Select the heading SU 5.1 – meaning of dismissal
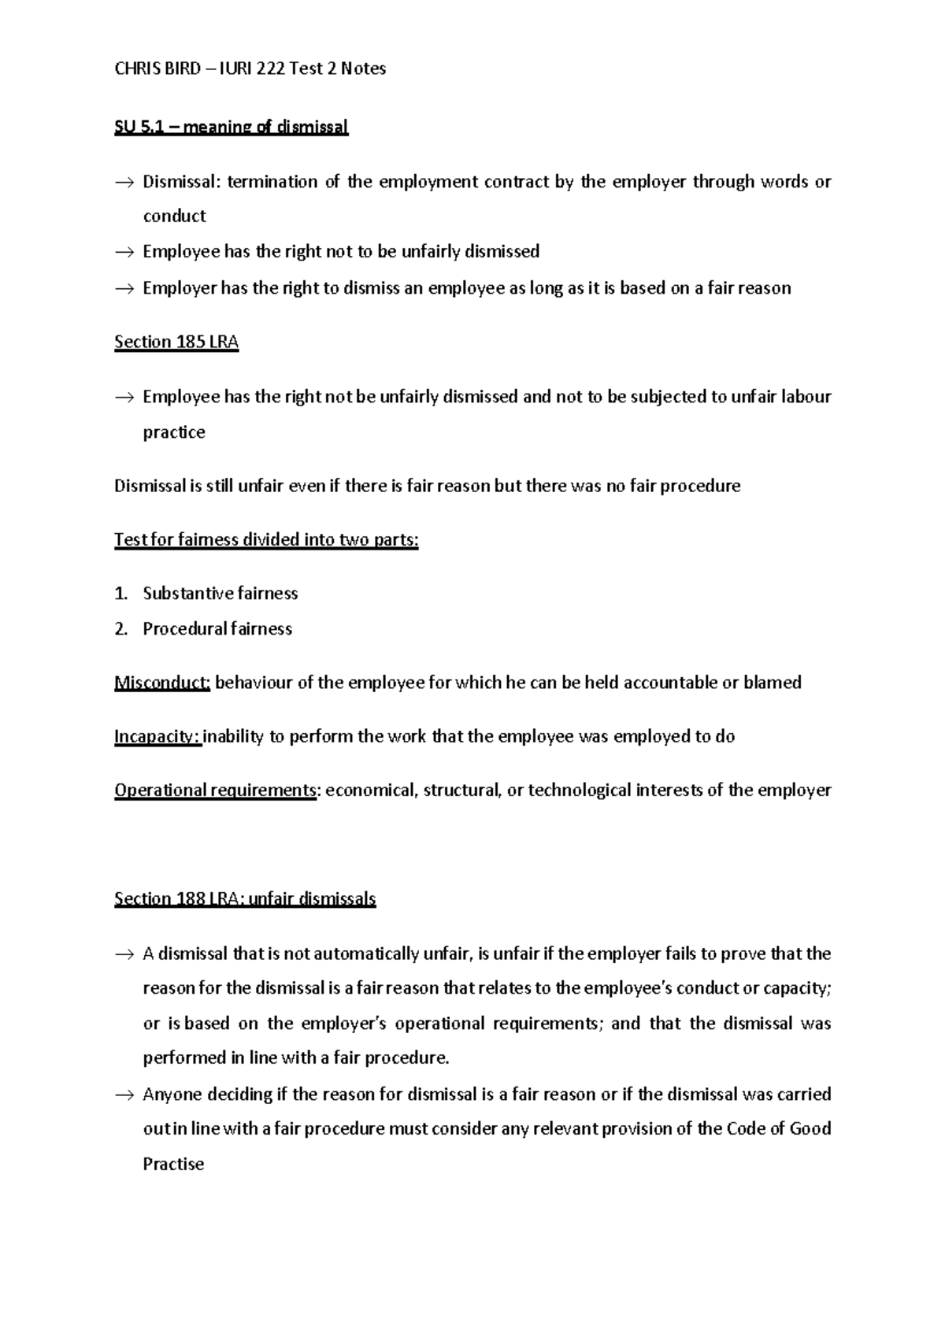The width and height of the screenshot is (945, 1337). click(231, 127)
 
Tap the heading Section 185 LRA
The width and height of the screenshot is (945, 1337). click(176, 342)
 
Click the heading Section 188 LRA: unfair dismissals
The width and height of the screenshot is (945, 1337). click(245, 899)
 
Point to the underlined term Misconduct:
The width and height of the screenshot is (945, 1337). click(161, 683)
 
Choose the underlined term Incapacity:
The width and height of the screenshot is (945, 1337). click(157, 737)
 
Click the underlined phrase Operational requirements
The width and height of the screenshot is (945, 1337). click(215, 791)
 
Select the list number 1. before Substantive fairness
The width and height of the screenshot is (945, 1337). click(120, 594)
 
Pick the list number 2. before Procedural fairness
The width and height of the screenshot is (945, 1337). click(120, 629)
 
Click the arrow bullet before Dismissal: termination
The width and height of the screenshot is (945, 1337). click(124, 183)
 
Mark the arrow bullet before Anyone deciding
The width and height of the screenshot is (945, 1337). click(124, 1095)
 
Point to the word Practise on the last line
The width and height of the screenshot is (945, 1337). click(173, 1165)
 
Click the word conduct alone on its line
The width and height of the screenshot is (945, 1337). click(174, 217)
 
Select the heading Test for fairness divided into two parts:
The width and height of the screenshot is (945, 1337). click(266, 540)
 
